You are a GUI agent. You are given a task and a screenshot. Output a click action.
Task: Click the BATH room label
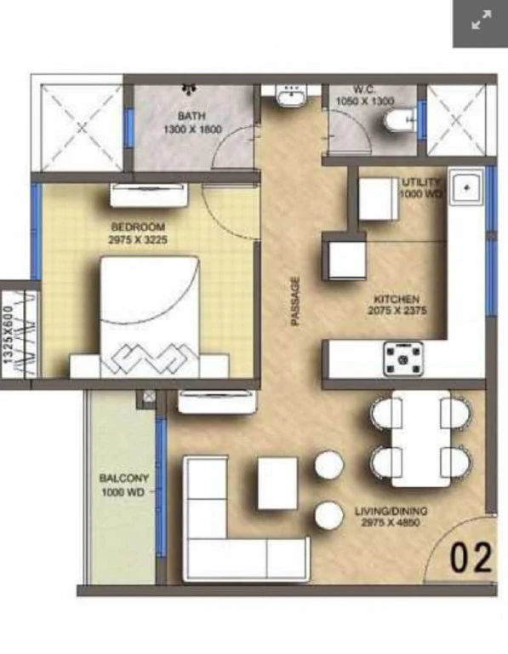click(191, 115)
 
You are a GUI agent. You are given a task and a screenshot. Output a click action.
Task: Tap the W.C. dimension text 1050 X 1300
click(365, 101)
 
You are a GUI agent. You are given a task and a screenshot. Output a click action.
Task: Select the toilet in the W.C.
click(399, 121)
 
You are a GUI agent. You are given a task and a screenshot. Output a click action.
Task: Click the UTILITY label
click(420, 182)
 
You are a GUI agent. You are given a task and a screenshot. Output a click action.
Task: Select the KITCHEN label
click(397, 299)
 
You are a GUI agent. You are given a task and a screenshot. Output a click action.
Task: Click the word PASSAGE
click(295, 301)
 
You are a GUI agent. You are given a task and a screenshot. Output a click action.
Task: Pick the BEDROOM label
click(138, 227)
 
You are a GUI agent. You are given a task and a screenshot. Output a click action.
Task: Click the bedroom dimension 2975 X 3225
click(138, 240)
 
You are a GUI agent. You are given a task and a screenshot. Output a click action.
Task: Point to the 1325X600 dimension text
click(8, 335)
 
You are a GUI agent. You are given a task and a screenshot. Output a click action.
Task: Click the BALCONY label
click(123, 478)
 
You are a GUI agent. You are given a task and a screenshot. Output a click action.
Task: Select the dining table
click(421, 439)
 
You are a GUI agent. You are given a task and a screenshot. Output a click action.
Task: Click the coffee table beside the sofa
click(277, 483)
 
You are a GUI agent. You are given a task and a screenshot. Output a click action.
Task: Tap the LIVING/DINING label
click(391, 511)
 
